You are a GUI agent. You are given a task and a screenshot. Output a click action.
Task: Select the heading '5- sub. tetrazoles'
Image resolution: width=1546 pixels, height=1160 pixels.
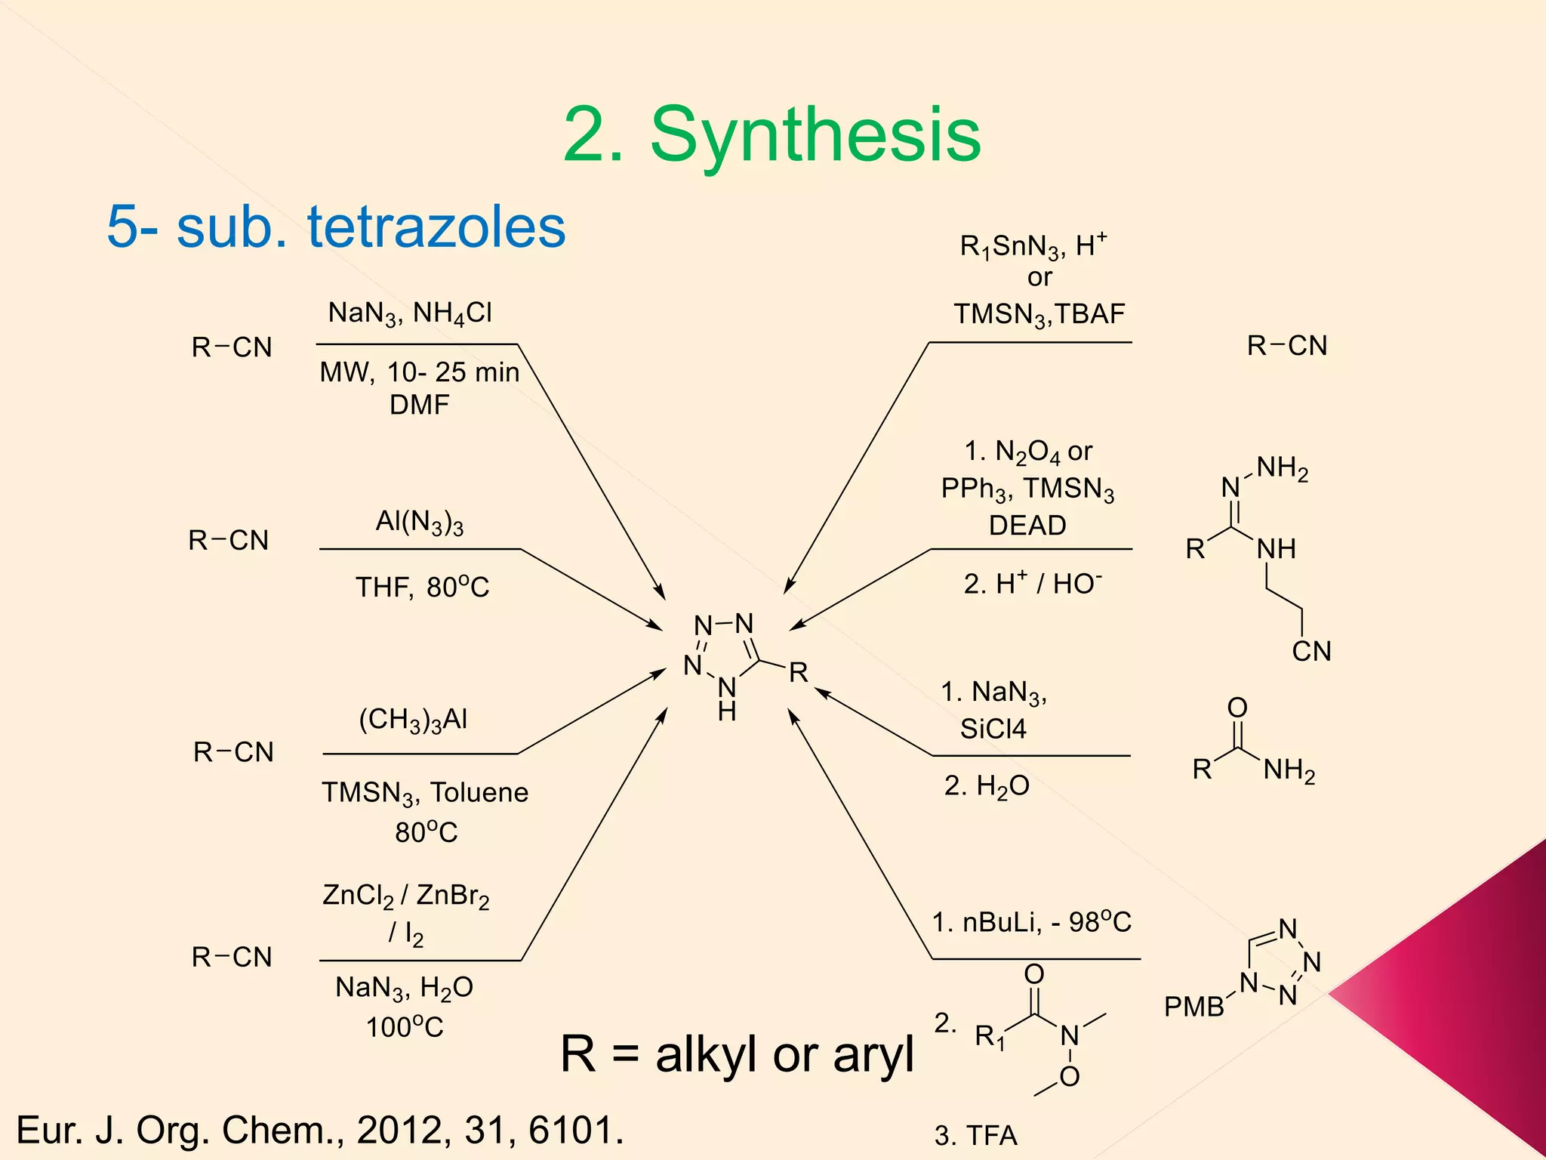pos(336,227)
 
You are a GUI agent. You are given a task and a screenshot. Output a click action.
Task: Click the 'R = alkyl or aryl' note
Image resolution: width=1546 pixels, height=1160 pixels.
pos(737,1054)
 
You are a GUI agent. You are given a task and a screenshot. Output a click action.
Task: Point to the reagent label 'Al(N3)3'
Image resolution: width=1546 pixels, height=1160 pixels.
pos(420,523)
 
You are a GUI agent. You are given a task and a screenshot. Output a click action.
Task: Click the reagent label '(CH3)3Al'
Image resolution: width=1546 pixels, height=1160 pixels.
pos(413,720)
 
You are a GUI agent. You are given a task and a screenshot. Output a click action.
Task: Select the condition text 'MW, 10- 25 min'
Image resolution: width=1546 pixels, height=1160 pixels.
pos(420,372)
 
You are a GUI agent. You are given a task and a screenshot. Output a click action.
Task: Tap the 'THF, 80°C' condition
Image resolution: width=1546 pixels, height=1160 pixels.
pos(423,587)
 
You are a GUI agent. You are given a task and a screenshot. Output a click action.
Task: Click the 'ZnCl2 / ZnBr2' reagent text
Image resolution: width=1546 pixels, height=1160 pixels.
pos(406,896)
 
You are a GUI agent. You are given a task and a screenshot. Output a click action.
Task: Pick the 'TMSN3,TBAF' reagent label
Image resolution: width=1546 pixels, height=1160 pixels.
pos(1039,314)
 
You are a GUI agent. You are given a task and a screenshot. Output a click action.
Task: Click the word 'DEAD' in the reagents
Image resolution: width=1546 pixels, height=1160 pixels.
pos(1027,525)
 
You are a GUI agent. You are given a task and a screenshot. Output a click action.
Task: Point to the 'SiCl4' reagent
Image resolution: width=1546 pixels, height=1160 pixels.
pos(993,729)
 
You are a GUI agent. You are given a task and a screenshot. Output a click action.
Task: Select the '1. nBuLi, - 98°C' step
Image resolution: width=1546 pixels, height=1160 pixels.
pos(1032,922)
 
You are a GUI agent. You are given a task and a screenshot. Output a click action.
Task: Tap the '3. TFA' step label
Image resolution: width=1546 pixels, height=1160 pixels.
pos(976,1136)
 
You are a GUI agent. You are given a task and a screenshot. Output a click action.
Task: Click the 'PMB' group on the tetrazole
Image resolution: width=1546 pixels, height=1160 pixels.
pos(1193,1007)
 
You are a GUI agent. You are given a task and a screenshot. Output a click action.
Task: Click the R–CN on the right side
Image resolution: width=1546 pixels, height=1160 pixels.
pos(1287,346)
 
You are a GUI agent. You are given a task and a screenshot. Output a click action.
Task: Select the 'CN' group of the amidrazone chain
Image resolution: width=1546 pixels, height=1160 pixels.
pos(1311,651)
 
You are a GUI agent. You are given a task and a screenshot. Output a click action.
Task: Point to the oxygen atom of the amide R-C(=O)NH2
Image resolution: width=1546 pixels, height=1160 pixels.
pos(1237,708)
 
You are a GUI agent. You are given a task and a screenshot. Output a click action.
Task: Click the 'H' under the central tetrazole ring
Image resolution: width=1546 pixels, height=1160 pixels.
pos(727,711)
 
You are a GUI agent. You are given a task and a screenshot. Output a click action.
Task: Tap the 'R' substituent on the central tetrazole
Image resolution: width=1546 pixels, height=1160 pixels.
pos(799,672)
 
